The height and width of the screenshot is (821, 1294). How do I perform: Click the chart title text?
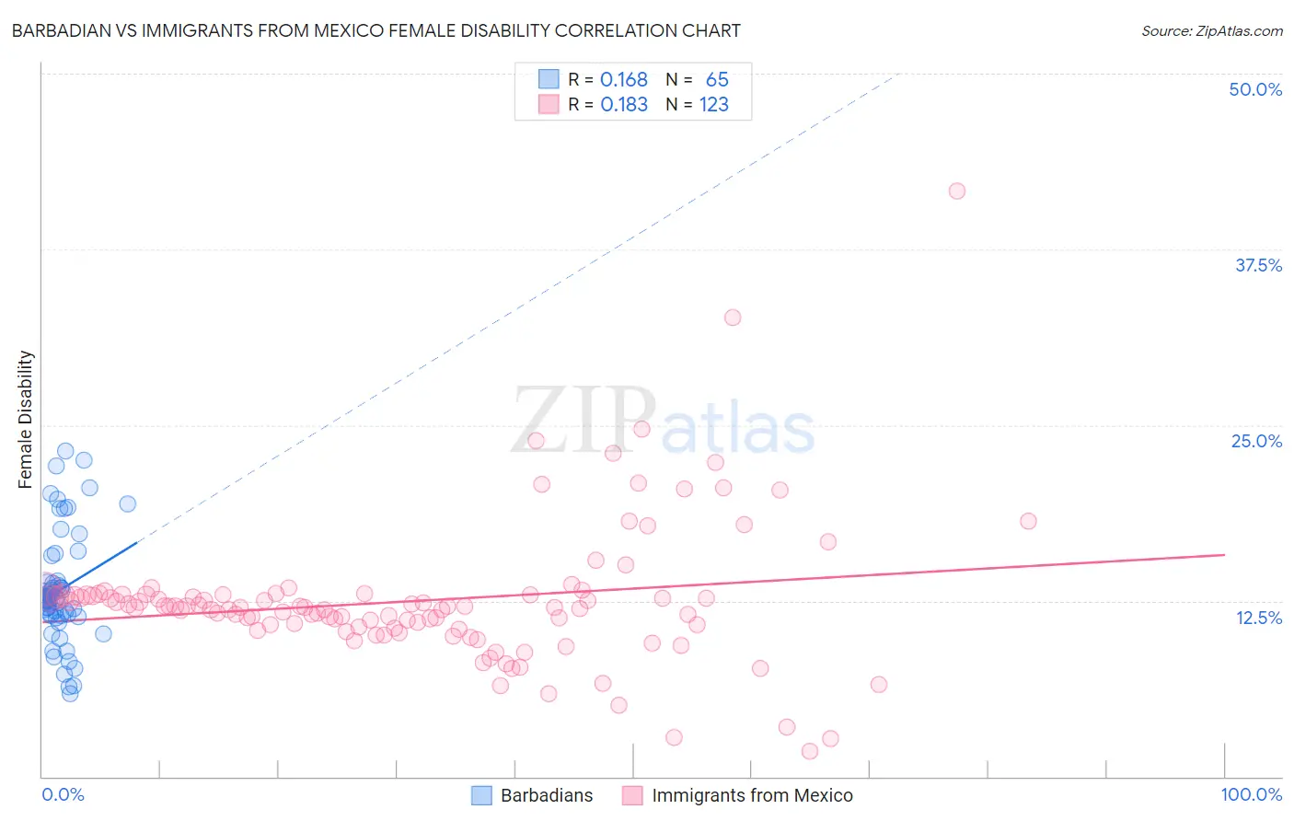point(375,30)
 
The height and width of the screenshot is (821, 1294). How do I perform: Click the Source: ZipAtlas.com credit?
point(1211,30)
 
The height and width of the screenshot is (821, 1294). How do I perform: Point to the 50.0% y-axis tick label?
point(1255,89)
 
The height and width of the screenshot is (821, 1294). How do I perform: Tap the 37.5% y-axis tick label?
point(1258,265)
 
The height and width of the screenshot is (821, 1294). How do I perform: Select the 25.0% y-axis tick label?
point(1256,441)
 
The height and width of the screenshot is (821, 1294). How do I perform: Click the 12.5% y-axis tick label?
point(1258,618)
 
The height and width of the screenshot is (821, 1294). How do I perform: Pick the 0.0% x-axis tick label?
point(63,794)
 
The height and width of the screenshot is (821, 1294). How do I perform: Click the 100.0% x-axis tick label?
point(1251,794)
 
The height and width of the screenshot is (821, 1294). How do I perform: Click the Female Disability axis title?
point(26,419)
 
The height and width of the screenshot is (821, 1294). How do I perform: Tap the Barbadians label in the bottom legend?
point(547,795)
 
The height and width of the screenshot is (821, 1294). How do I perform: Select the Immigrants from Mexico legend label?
point(752,795)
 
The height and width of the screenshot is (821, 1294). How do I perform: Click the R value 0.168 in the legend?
point(623,80)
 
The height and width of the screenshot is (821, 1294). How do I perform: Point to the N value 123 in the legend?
point(713,105)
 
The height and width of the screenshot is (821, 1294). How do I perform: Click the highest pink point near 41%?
point(957,191)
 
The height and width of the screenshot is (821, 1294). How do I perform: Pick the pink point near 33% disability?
point(733,318)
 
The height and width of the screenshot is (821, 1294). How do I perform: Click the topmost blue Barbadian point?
point(65,451)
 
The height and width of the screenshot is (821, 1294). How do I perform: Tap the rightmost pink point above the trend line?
point(1028,521)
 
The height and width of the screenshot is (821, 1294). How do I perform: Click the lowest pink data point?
point(810,751)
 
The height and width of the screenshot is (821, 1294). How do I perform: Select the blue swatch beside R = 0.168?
point(549,80)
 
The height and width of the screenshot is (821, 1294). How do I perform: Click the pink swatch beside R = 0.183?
point(549,105)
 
